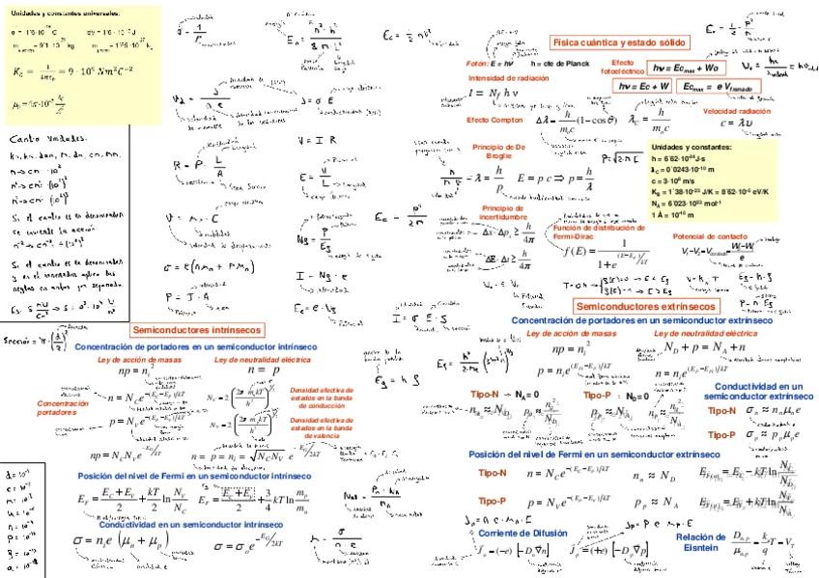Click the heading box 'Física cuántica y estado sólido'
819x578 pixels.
(x=619, y=42)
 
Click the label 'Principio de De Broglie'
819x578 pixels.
(x=497, y=150)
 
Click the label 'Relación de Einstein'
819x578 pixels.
(x=701, y=541)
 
